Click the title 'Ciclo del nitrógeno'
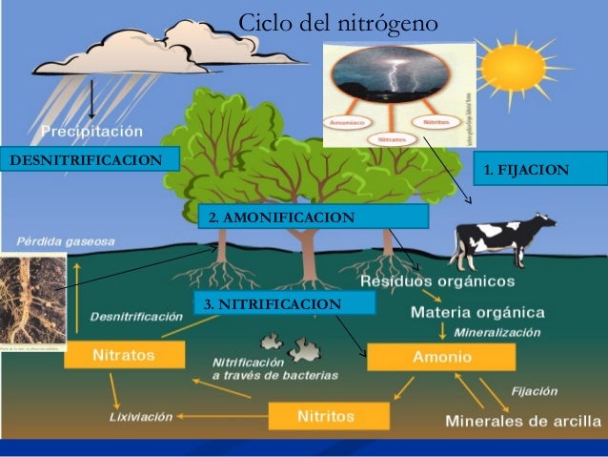[x=337, y=21]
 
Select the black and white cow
[x=503, y=239]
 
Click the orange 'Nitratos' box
[x=124, y=355]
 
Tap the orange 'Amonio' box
[x=440, y=357]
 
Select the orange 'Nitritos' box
[x=328, y=416]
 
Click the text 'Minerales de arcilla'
[x=523, y=420]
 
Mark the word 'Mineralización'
[x=497, y=333]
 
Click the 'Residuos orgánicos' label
[x=437, y=282]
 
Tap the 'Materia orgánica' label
[x=477, y=312]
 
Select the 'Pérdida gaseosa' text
[x=64, y=240]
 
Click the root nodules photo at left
[x=32, y=298]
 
